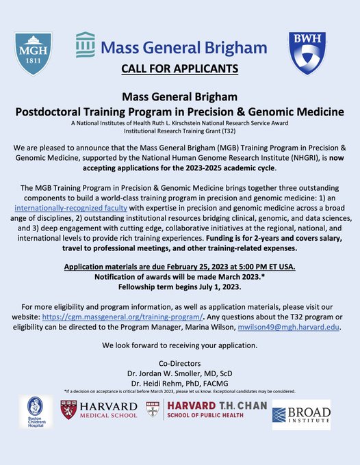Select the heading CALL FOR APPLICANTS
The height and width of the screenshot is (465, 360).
pos(179,68)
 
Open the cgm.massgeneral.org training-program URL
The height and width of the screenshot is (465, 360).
pos(129,318)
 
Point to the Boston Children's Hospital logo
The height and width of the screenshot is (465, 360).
pos(36,412)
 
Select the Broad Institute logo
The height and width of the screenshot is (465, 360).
pos(301,414)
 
